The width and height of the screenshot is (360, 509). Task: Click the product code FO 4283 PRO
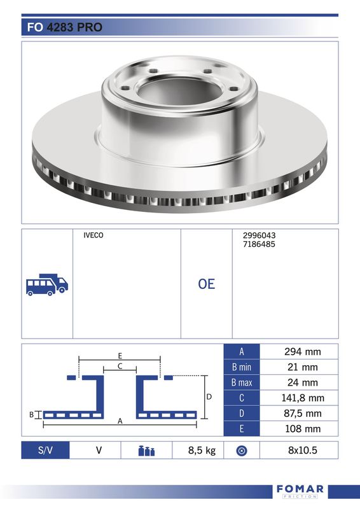pos(65,27)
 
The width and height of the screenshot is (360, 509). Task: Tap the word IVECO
pos(93,235)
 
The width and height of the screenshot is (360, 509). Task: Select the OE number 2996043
pos(259,235)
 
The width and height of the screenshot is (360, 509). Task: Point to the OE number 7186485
pos(259,244)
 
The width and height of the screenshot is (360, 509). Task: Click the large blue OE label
pos(207,284)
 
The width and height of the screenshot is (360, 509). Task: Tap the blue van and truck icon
pos(47,284)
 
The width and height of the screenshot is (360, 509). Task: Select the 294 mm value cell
pos(299,352)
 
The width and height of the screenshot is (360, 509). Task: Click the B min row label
pos(242,367)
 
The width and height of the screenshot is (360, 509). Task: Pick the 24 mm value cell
pos(299,382)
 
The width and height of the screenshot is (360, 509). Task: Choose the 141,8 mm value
pos(303,398)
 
